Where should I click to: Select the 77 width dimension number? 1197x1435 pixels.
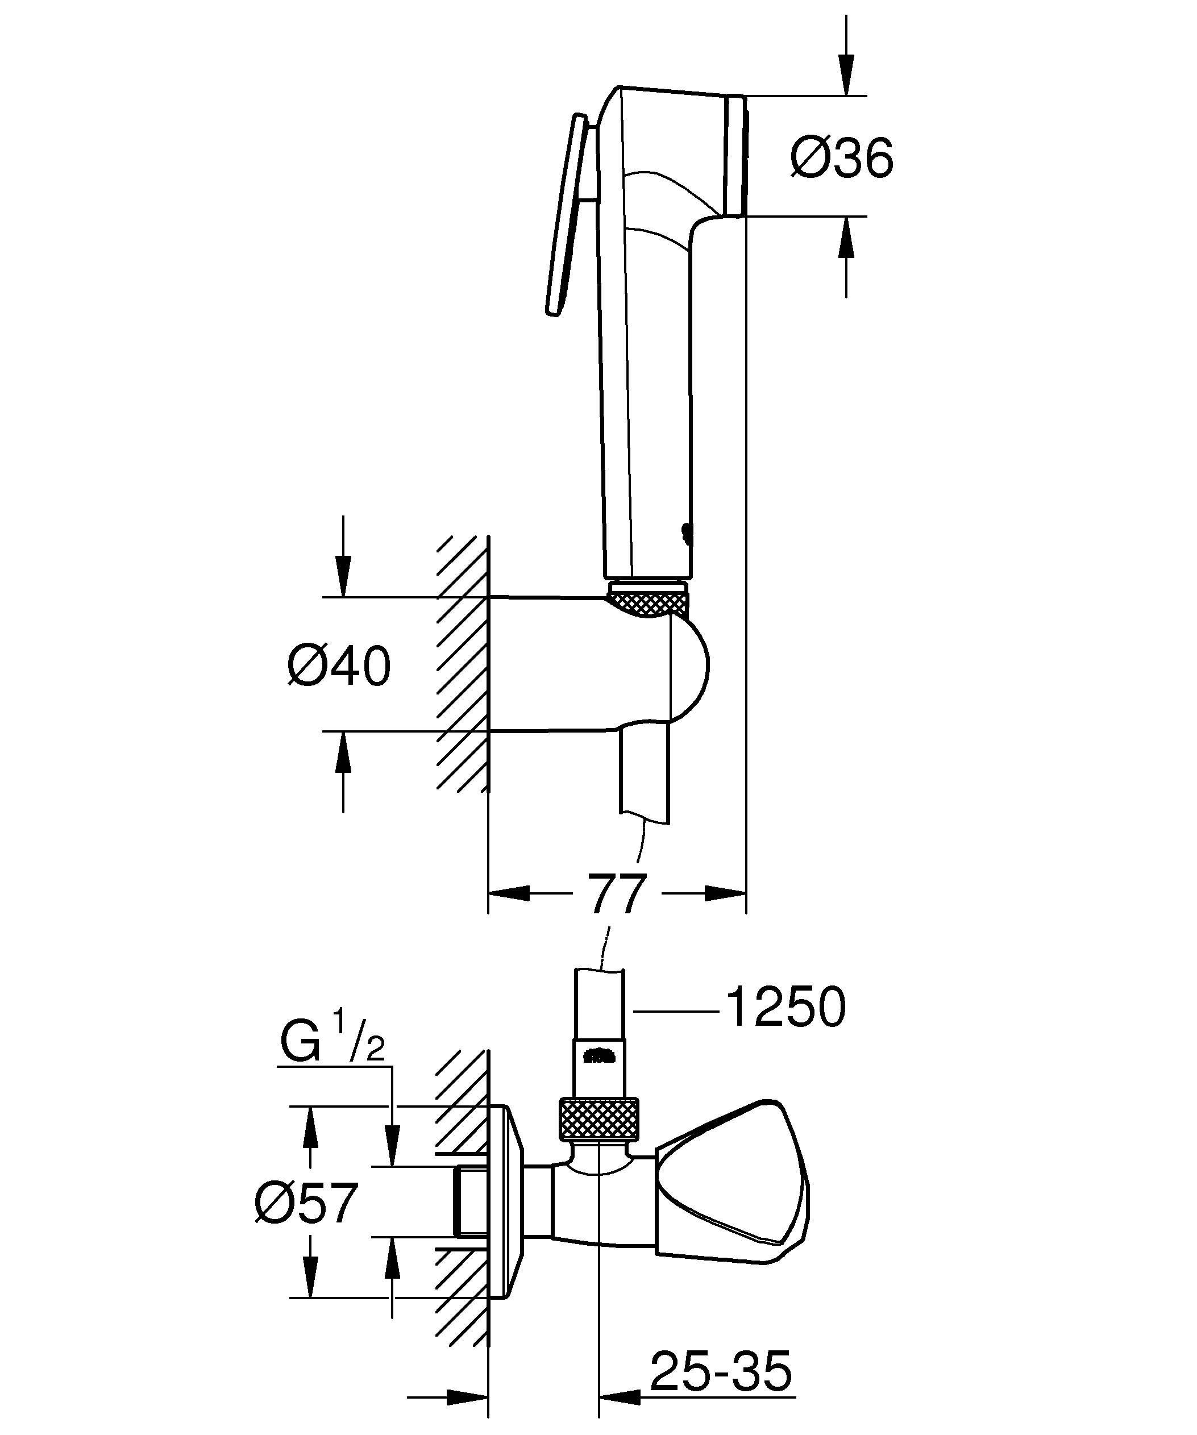[x=617, y=895]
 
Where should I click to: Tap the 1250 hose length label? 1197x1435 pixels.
[x=785, y=1007]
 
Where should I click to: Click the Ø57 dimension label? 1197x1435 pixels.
[x=306, y=1204]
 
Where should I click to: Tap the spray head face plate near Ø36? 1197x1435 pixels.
[x=737, y=157]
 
